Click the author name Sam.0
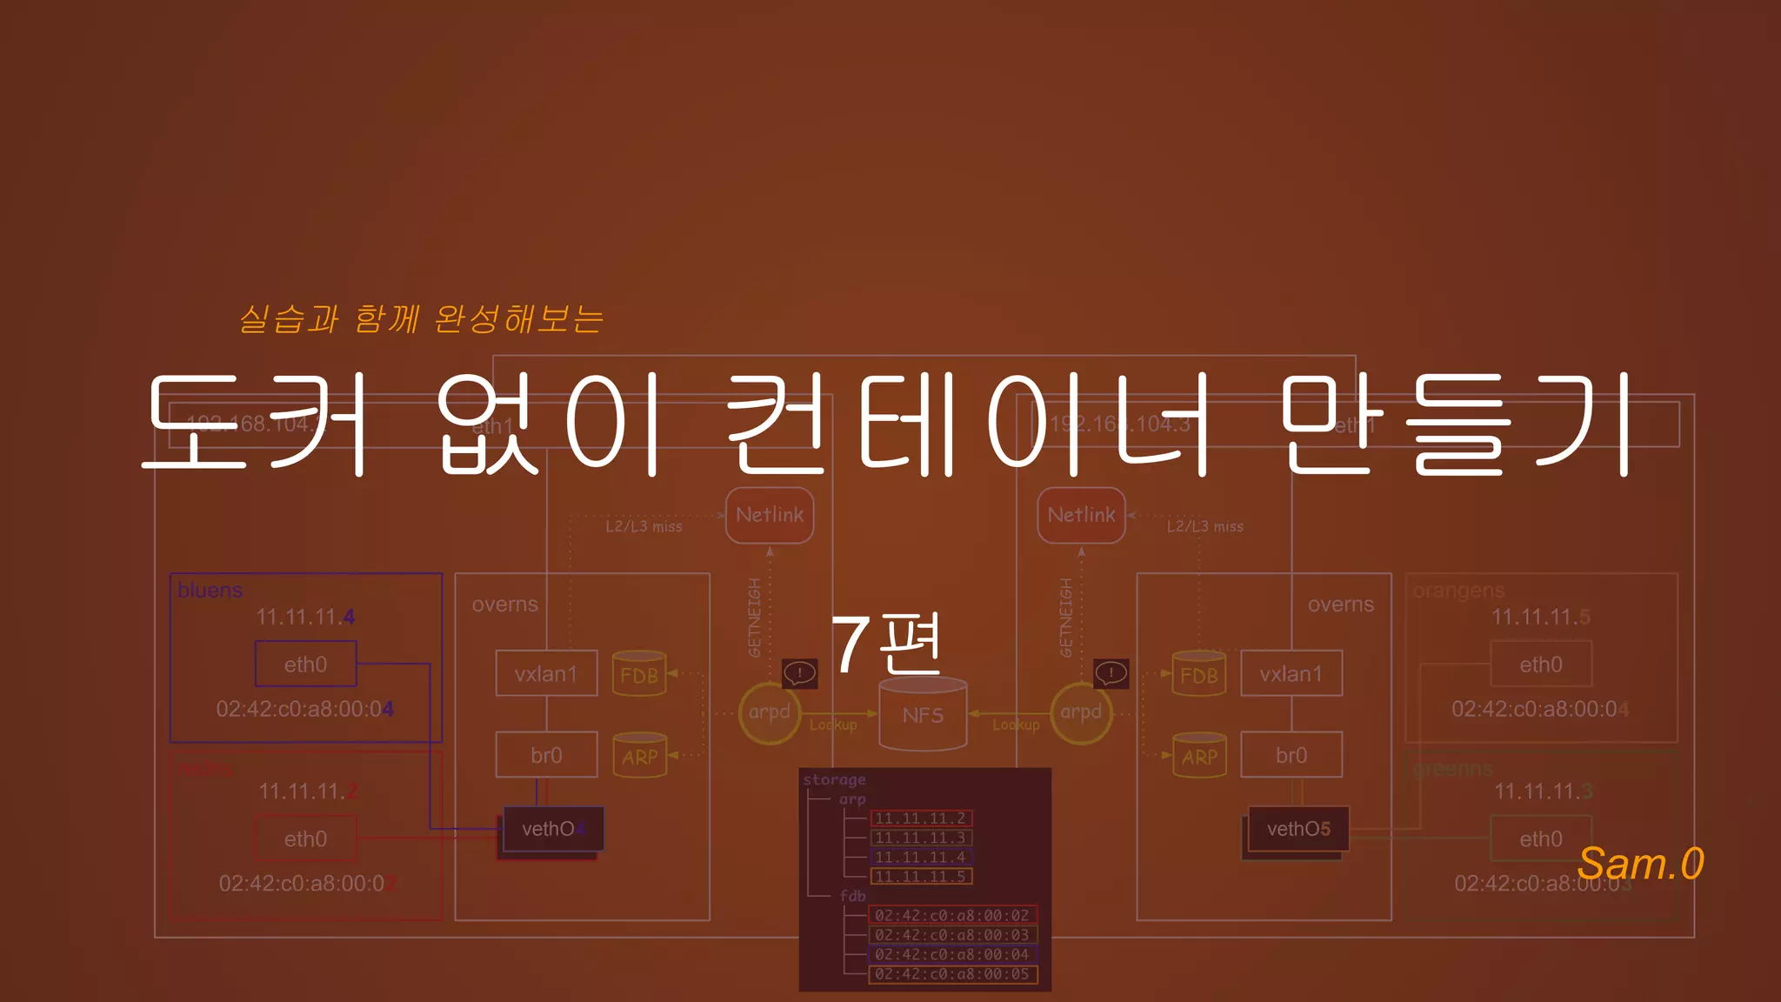pyautogui.click(x=1640, y=864)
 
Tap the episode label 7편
pyautogui.click(x=886, y=644)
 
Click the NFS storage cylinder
pyautogui.click(x=923, y=714)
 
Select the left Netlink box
pyautogui.click(x=770, y=515)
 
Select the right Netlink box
pyautogui.click(x=1081, y=515)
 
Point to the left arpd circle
pyautogui.click(x=769, y=712)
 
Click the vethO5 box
pyautogui.click(x=1298, y=829)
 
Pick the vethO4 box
pyautogui.click(x=552, y=829)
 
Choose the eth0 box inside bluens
pyautogui.click(x=305, y=665)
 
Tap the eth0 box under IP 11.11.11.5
pyautogui.click(x=1540, y=665)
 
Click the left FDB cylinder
pyautogui.click(x=639, y=674)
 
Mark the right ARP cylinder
pyautogui.click(x=1199, y=756)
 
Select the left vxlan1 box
pyautogui.click(x=546, y=674)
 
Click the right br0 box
pyautogui.click(x=1291, y=755)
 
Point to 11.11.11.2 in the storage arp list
pyautogui.click(x=920, y=818)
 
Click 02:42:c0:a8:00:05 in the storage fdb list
pyautogui.click(x=951, y=974)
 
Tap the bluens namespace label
pyautogui.click(x=210, y=591)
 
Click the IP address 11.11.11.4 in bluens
pyautogui.click(x=305, y=618)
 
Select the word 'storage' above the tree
pyautogui.click(x=834, y=780)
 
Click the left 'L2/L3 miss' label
pyautogui.click(x=644, y=526)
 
